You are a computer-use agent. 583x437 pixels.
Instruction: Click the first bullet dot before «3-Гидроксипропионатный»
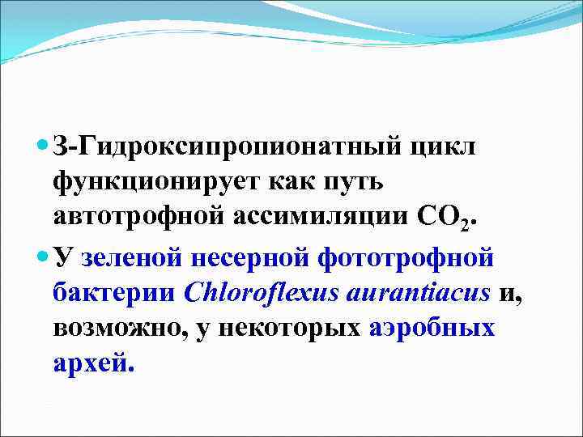[44, 146]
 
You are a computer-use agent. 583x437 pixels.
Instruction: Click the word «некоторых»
[295, 329]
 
